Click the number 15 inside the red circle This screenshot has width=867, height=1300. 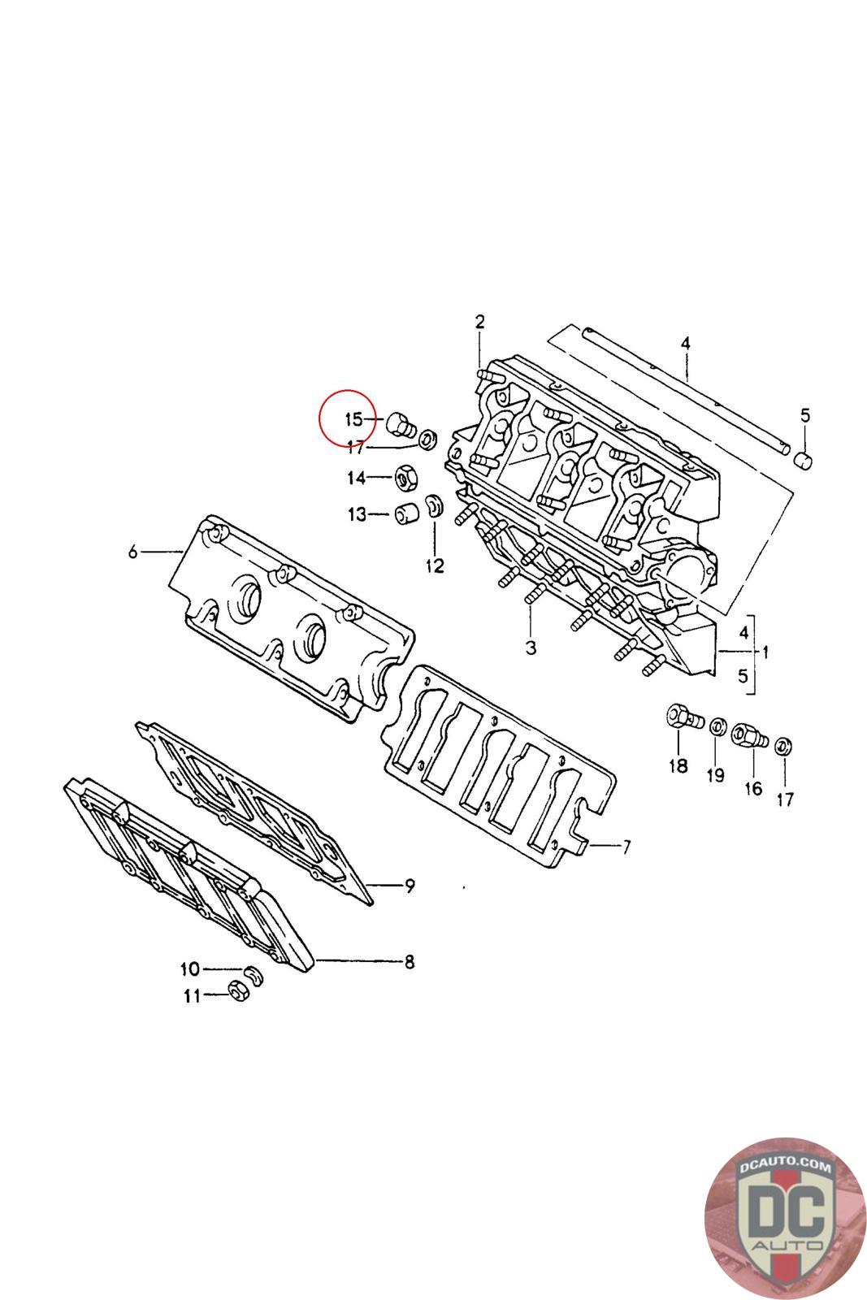pyautogui.click(x=353, y=419)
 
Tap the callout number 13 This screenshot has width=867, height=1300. pyautogui.click(x=358, y=514)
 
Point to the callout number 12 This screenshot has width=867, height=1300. pyautogui.click(x=436, y=565)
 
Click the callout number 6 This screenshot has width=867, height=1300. pyautogui.click(x=133, y=552)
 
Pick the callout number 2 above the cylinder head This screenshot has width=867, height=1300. pyautogui.click(x=479, y=321)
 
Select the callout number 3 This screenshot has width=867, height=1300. pyautogui.click(x=531, y=648)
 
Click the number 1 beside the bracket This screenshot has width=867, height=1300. pyautogui.click(x=765, y=651)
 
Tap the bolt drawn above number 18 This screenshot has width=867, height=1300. pyautogui.click(x=680, y=717)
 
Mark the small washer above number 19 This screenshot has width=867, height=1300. pyautogui.click(x=717, y=725)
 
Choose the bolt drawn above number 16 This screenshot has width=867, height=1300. pyautogui.click(x=748, y=737)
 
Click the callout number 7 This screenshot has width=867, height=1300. pyautogui.click(x=626, y=847)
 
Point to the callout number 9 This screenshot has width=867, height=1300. pyautogui.click(x=410, y=885)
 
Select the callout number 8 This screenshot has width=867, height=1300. pyautogui.click(x=410, y=962)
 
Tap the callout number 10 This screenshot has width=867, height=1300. pyautogui.click(x=189, y=968)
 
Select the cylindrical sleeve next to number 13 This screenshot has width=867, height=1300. pyautogui.click(x=405, y=514)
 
